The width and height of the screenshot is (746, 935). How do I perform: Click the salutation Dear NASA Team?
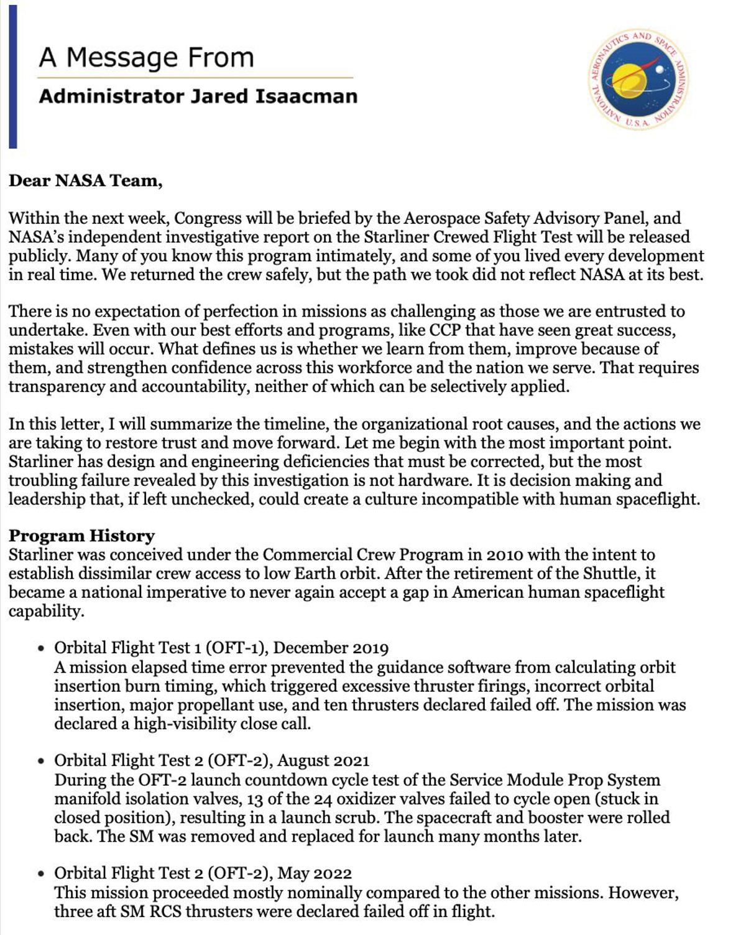pyautogui.click(x=85, y=181)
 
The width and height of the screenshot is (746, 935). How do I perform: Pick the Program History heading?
pyautogui.click(x=81, y=536)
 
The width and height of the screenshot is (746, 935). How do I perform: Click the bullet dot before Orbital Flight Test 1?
pyautogui.click(x=41, y=648)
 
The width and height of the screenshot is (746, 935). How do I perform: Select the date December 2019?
pyautogui.click(x=331, y=648)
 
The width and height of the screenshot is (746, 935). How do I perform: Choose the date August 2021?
pyautogui.click(x=323, y=761)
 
